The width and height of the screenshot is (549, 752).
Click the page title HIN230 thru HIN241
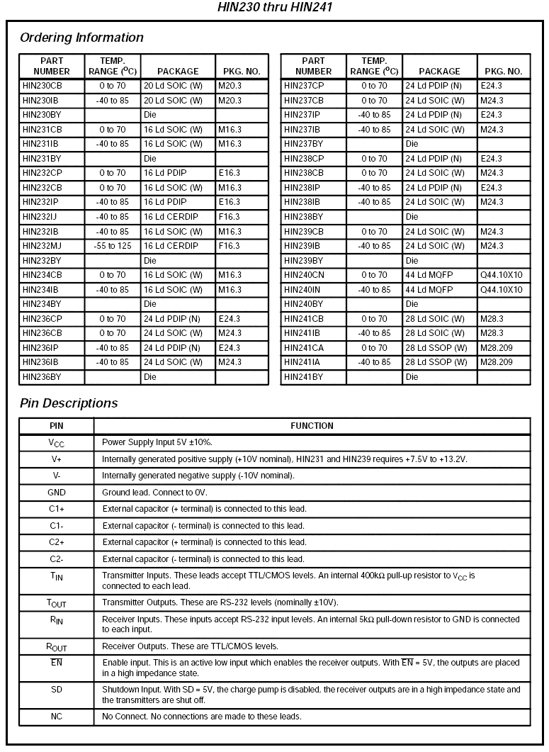(x=274, y=8)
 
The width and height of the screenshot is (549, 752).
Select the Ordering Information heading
(x=81, y=38)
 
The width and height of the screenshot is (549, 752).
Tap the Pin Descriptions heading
(x=69, y=403)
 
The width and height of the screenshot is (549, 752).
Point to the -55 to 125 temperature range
(x=112, y=246)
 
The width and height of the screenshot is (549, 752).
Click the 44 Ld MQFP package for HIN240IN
(x=429, y=290)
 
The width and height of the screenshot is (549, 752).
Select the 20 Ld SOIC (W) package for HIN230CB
(x=173, y=86)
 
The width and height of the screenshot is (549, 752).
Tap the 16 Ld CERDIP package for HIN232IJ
(x=171, y=217)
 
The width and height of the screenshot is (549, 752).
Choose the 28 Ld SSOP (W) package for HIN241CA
(x=436, y=348)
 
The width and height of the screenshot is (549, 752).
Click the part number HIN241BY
(x=303, y=377)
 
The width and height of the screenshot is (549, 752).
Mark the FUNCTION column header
(x=312, y=426)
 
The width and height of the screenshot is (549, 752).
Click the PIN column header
(x=56, y=426)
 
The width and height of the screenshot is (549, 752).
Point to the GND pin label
(x=56, y=492)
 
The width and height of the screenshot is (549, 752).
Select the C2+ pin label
(x=56, y=542)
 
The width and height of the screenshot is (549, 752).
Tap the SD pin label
(x=56, y=689)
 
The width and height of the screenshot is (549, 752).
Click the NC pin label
(x=56, y=717)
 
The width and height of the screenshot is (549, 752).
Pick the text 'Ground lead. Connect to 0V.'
(x=154, y=492)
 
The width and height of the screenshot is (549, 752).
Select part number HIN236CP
(x=42, y=319)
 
